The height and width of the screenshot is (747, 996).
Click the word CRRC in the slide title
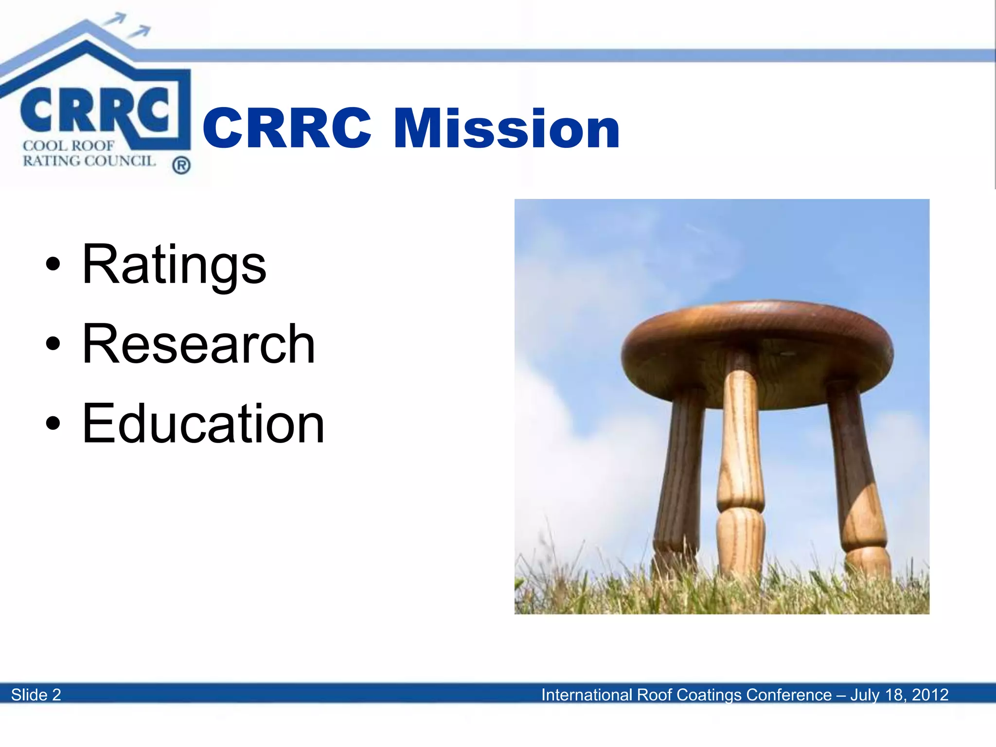click(x=287, y=128)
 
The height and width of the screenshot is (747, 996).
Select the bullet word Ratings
click(x=174, y=265)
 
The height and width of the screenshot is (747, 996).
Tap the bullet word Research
click(x=198, y=344)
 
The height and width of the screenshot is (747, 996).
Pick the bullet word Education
click(x=203, y=424)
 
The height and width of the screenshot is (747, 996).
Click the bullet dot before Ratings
click(x=53, y=265)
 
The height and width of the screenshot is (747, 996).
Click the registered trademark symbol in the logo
click(x=181, y=166)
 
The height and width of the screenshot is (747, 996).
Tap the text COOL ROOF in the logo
click(x=69, y=146)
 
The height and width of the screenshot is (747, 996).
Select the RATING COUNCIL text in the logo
click(x=89, y=161)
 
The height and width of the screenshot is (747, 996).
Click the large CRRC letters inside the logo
click(x=95, y=111)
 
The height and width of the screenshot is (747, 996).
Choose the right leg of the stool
click(x=858, y=477)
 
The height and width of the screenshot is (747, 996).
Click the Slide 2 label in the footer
click(x=36, y=694)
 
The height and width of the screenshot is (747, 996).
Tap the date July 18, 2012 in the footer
click(x=899, y=694)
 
